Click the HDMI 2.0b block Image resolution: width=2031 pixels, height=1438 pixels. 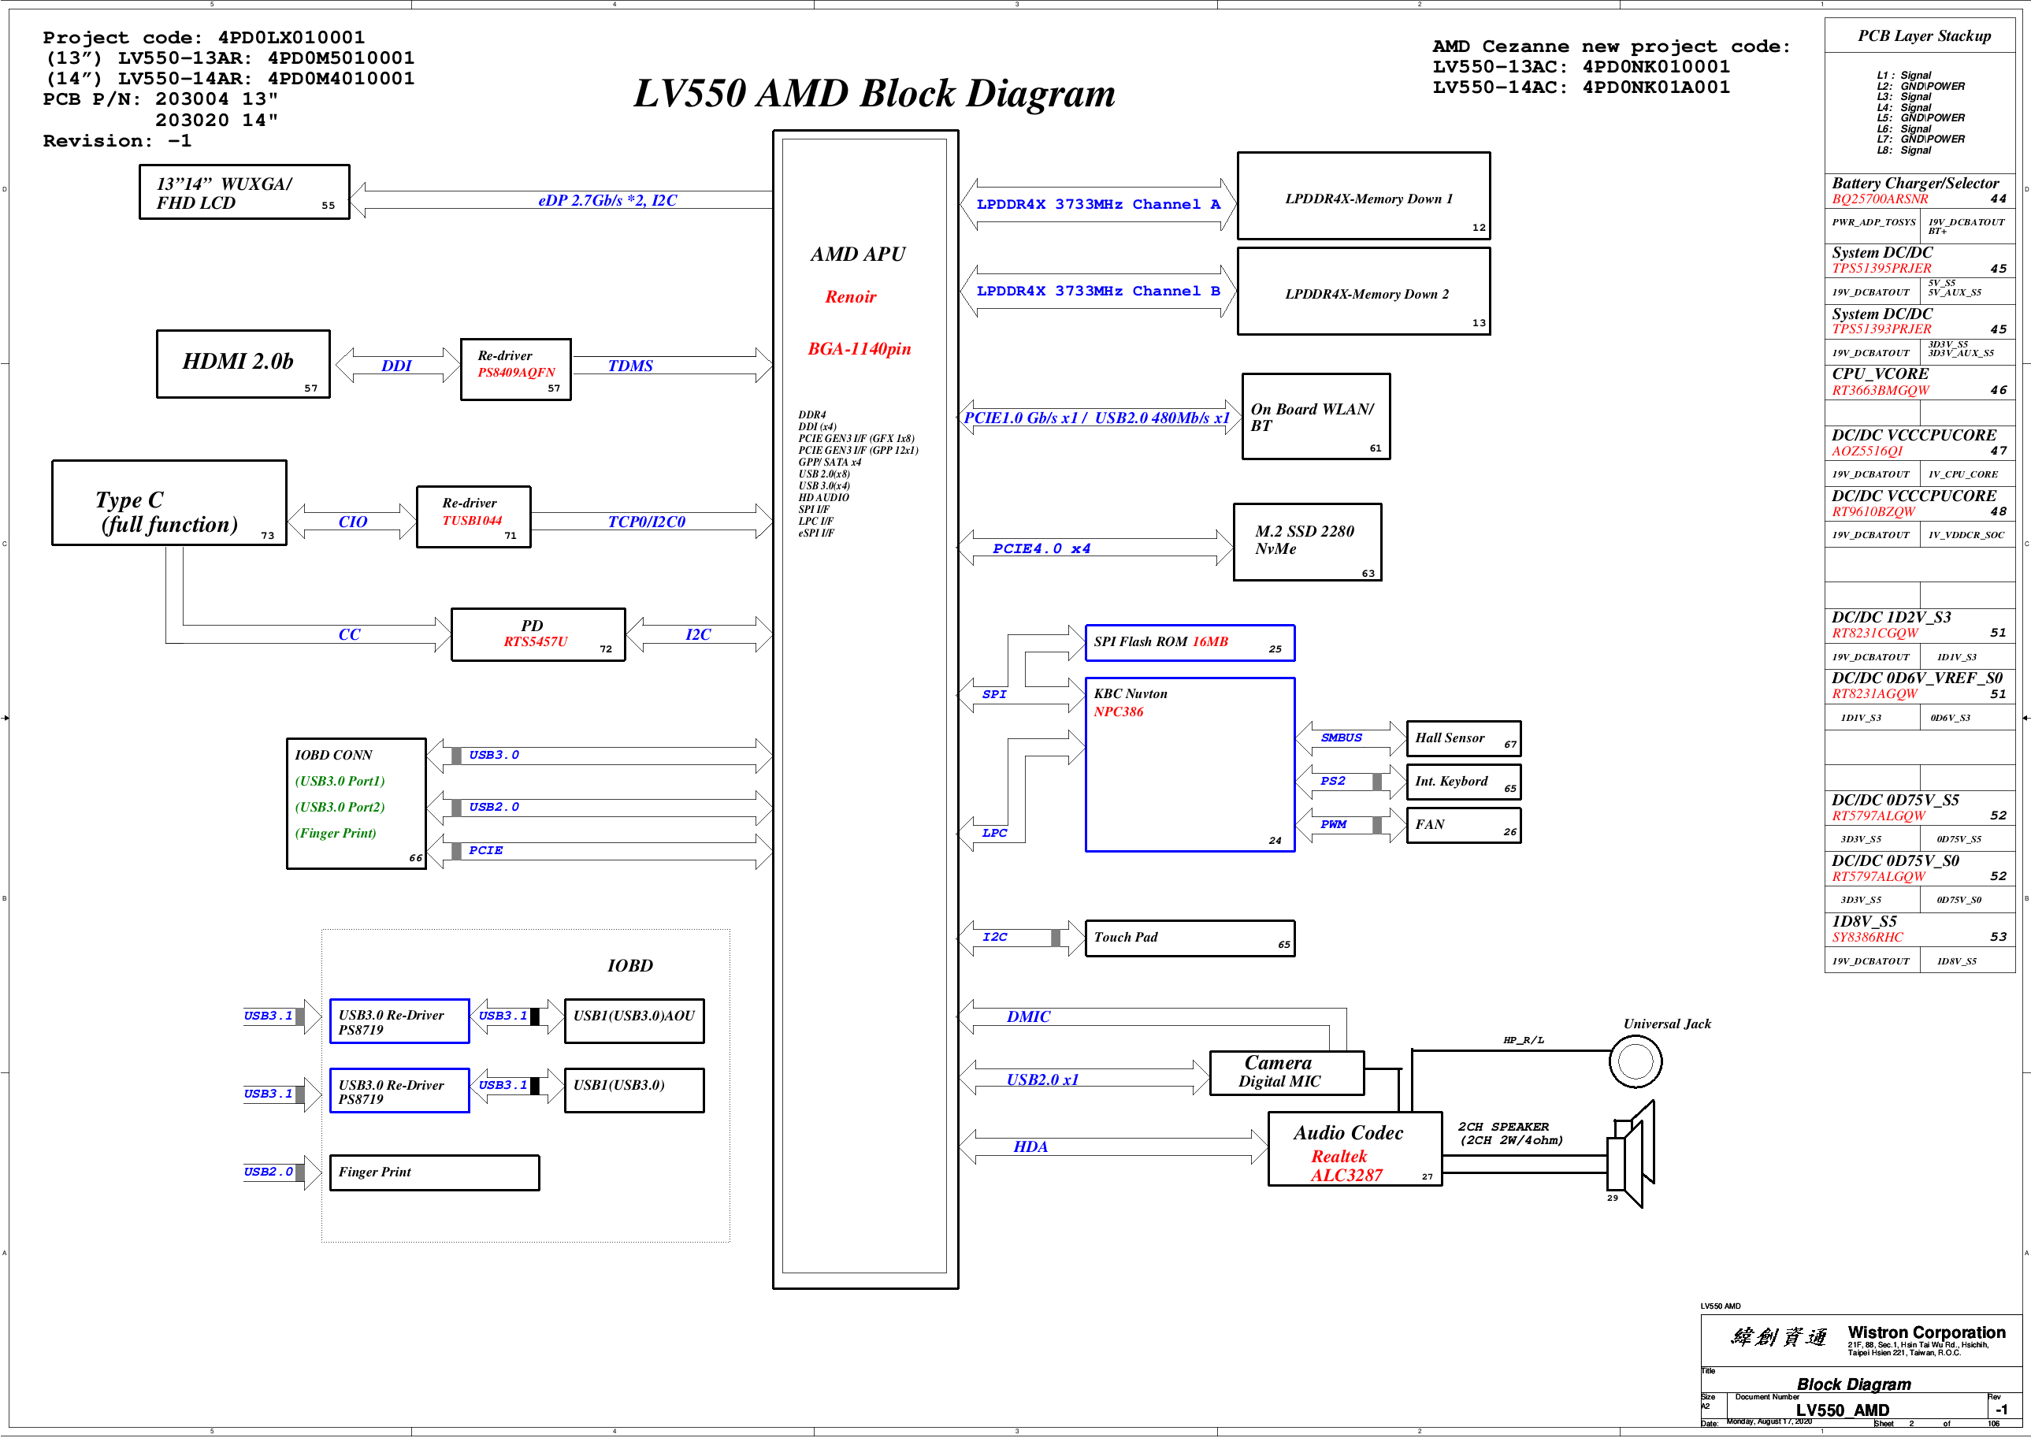[x=243, y=364]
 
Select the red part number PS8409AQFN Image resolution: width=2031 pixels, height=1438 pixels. [x=516, y=373]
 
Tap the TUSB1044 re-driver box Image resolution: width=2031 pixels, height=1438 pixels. [x=473, y=517]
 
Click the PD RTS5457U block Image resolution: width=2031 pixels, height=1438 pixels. [x=537, y=634]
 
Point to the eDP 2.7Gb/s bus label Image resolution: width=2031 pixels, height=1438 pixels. [x=607, y=201]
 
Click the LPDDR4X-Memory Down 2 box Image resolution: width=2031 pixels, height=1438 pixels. [x=1363, y=292]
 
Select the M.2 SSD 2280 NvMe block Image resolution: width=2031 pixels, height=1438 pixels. [x=1307, y=542]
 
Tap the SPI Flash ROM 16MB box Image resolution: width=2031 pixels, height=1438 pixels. [x=1189, y=643]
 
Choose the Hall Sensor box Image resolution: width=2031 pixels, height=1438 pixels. [x=1463, y=738]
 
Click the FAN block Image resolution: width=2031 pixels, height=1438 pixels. [x=1463, y=825]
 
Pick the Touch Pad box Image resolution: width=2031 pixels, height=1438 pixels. [x=1189, y=938]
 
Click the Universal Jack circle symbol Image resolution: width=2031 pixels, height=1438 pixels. [x=1635, y=1061]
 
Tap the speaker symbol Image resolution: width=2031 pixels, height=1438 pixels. [x=1631, y=1154]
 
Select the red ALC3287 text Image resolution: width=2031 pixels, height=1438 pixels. [x=1346, y=1176]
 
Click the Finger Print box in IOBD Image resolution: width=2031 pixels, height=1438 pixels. [x=434, y=1172]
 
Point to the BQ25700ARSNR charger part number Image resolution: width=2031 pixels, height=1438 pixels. [x=1880, y=199]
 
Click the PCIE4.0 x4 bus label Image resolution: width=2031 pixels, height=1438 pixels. [x=1041, y=549]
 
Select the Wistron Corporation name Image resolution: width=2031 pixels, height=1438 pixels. [x=1925, y=1332]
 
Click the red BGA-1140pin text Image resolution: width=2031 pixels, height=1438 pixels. [x=859, y=349]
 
